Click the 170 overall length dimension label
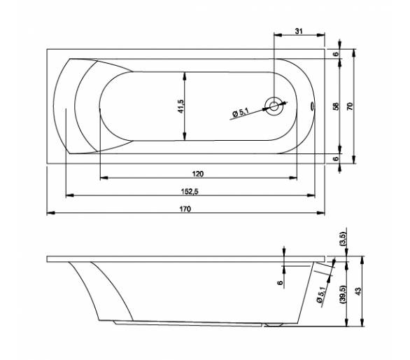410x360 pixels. [185, 209]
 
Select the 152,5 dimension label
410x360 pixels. [190, 192]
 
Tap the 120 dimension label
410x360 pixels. [198, 174]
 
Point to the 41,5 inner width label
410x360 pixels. [181, 106]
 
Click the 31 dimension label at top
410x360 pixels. [299, 31]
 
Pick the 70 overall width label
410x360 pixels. [350, 106]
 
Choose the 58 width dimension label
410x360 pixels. [336, 106]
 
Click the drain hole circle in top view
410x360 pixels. [274, 106]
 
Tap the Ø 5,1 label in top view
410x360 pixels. [240, 112]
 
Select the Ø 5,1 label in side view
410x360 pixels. [321, 295]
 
